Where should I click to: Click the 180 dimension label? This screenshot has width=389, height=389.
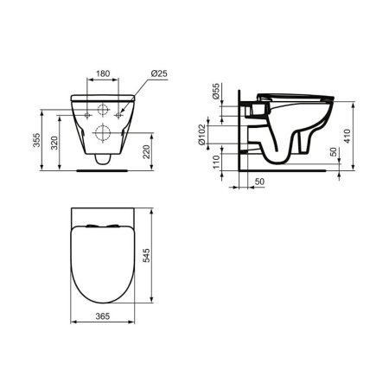[103, 73]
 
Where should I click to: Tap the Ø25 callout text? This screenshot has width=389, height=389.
[159, 73]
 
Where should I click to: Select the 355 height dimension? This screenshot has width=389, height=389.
[36, 140]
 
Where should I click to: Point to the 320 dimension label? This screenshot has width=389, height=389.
[54, 143]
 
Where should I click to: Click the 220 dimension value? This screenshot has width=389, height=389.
[146, 152]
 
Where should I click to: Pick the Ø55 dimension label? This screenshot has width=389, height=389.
[216, 91]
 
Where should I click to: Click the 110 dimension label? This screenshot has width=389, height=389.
[216, 162]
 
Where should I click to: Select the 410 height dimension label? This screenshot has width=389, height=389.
[348, 136]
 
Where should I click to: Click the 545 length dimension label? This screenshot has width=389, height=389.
[146, 256]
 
